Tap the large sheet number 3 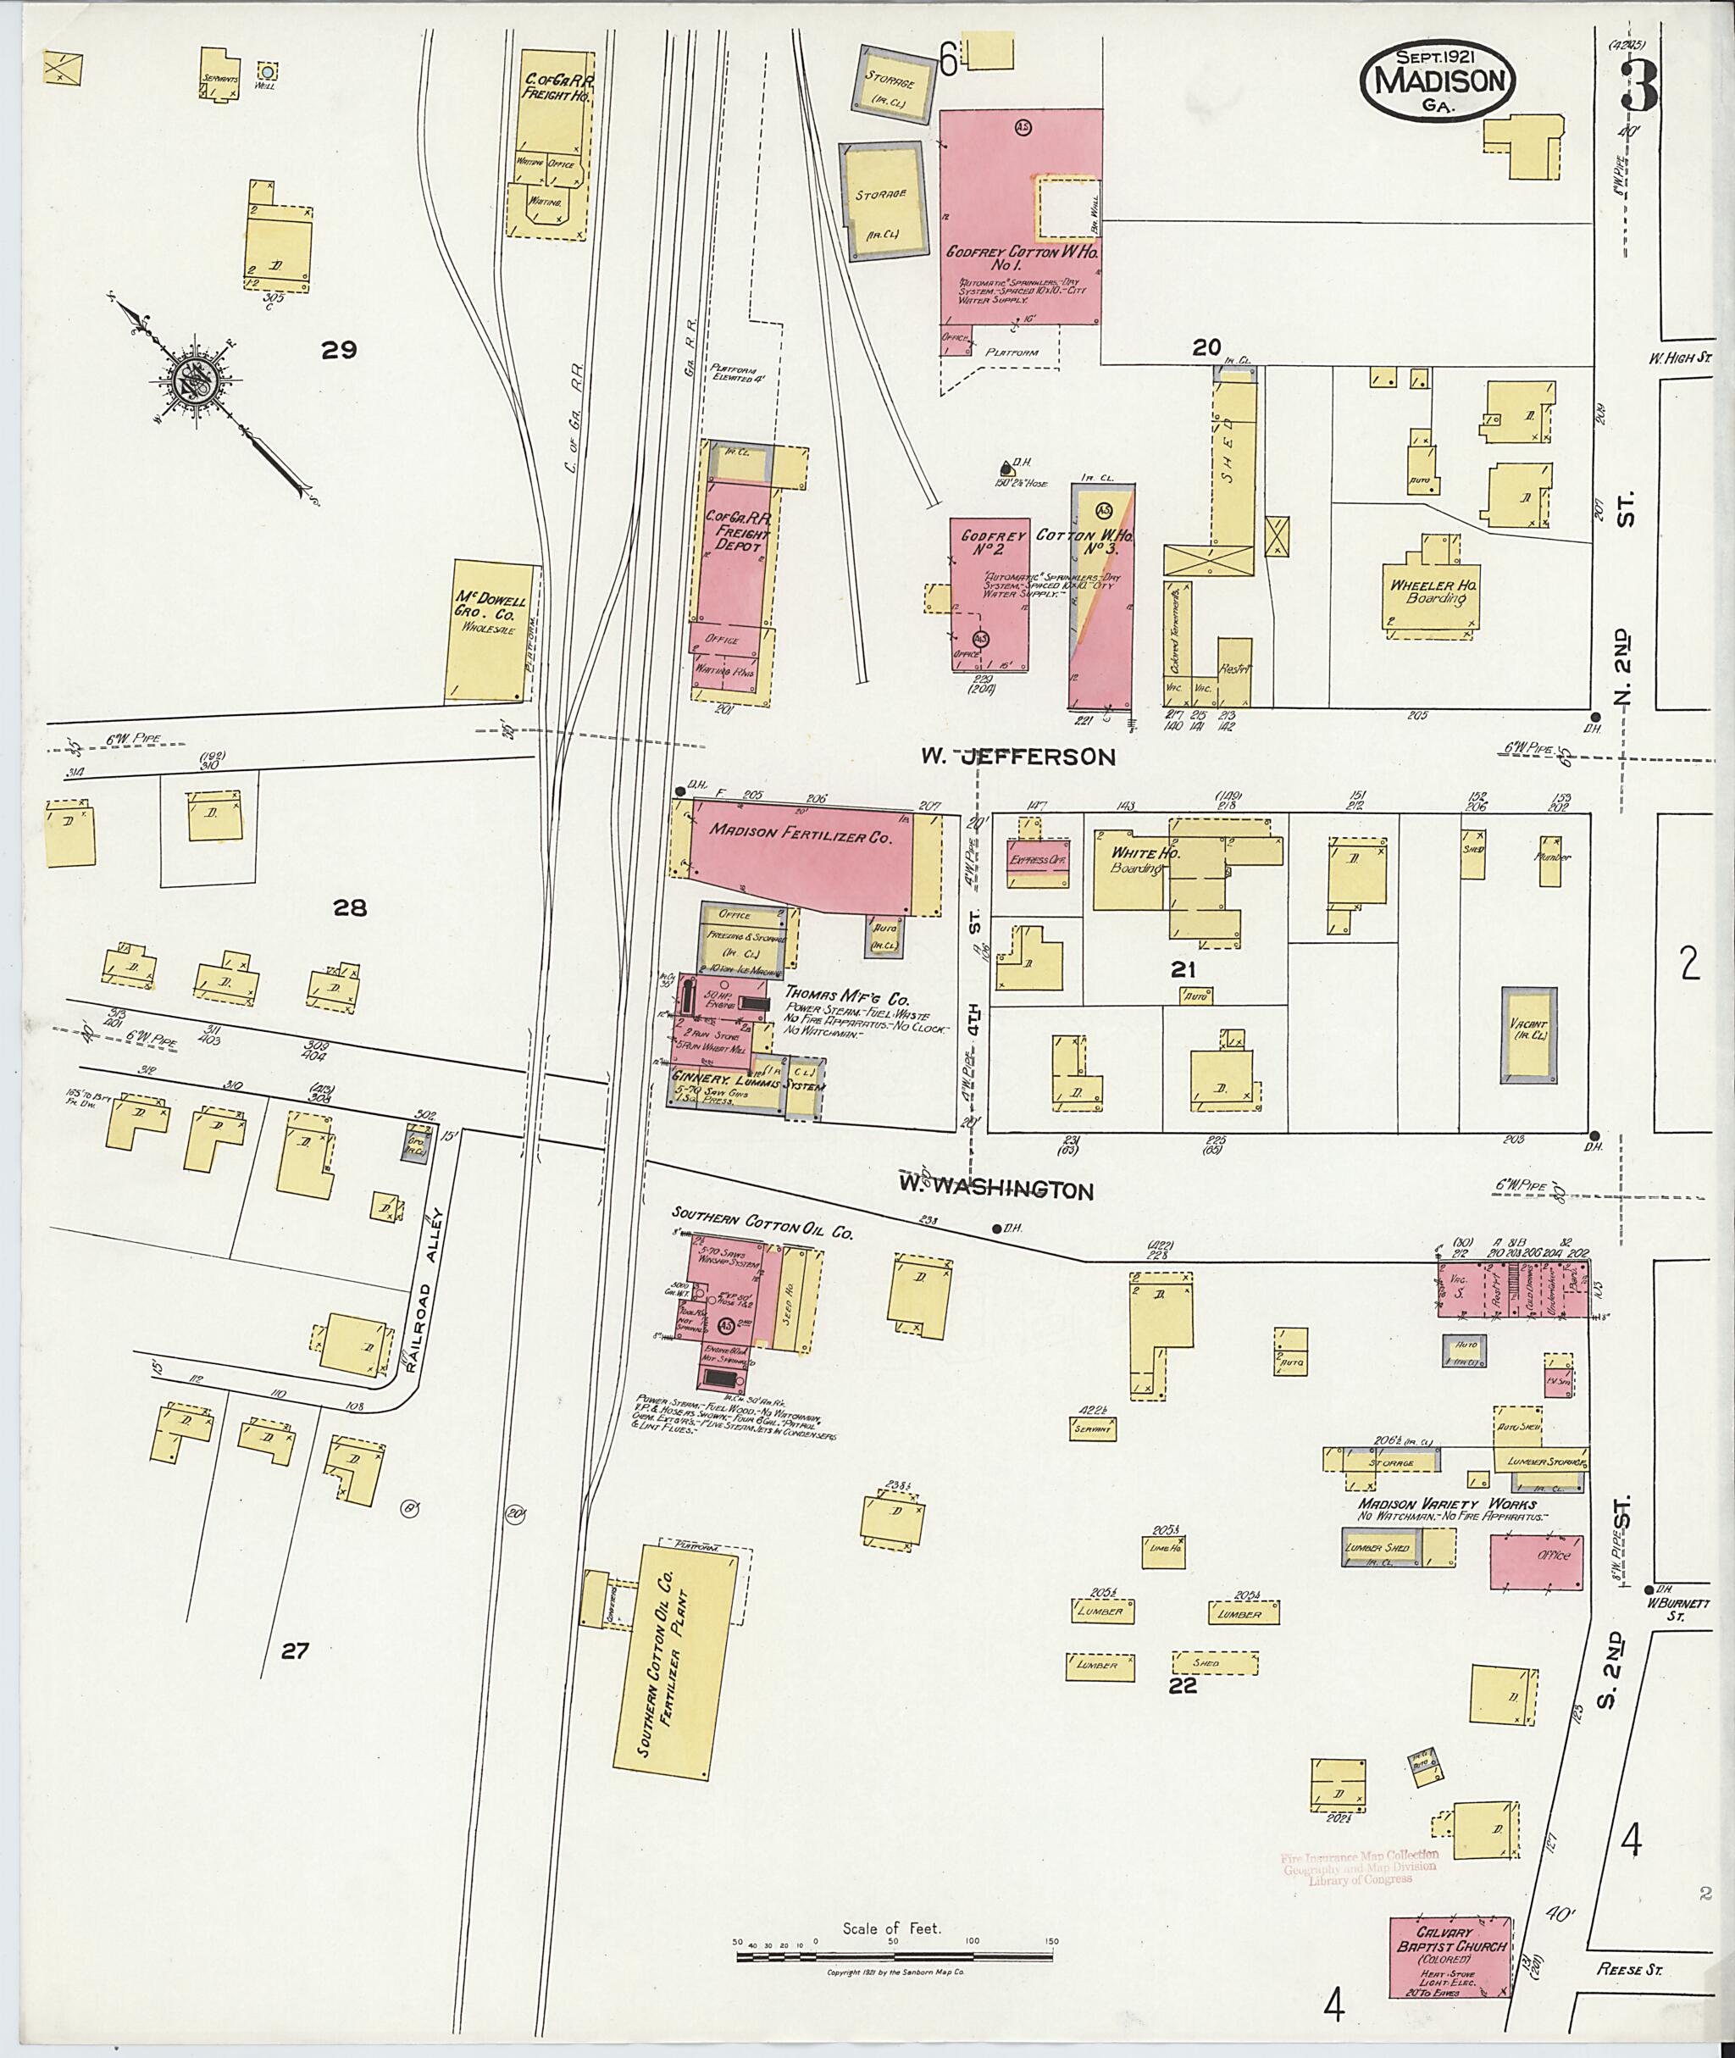[x=1639, y=86]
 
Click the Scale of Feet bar [x=896, y=1956]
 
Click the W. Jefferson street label [x=1018, y=757]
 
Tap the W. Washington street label [x=995, y=1190]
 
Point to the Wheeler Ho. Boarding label [x=1434, y=591]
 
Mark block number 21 [x=1183, y=970]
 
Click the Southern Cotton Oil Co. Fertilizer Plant [x=674, y=1663]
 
